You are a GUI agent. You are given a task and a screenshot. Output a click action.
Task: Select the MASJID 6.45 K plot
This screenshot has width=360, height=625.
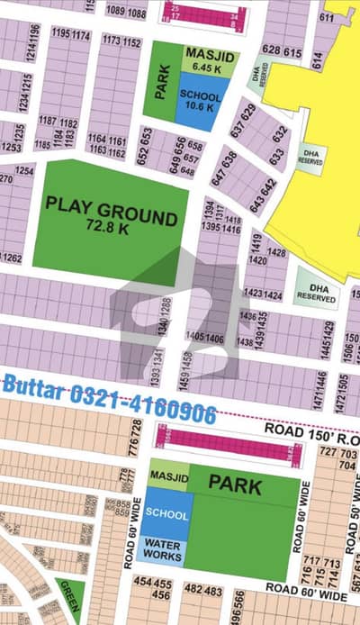(x=202, y=61)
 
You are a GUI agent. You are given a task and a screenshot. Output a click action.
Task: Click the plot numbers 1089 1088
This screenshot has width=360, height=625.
(x=125, y=12)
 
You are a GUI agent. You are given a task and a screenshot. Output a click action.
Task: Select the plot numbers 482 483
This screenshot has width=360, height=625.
(x=202, y=589)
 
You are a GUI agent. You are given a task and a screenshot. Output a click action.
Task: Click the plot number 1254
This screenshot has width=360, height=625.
(x=24, y=170)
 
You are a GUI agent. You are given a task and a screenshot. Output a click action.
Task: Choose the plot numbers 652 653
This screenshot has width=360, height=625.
(x=144, y=134)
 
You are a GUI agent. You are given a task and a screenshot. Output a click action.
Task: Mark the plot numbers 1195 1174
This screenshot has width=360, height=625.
(x=71, y=35)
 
